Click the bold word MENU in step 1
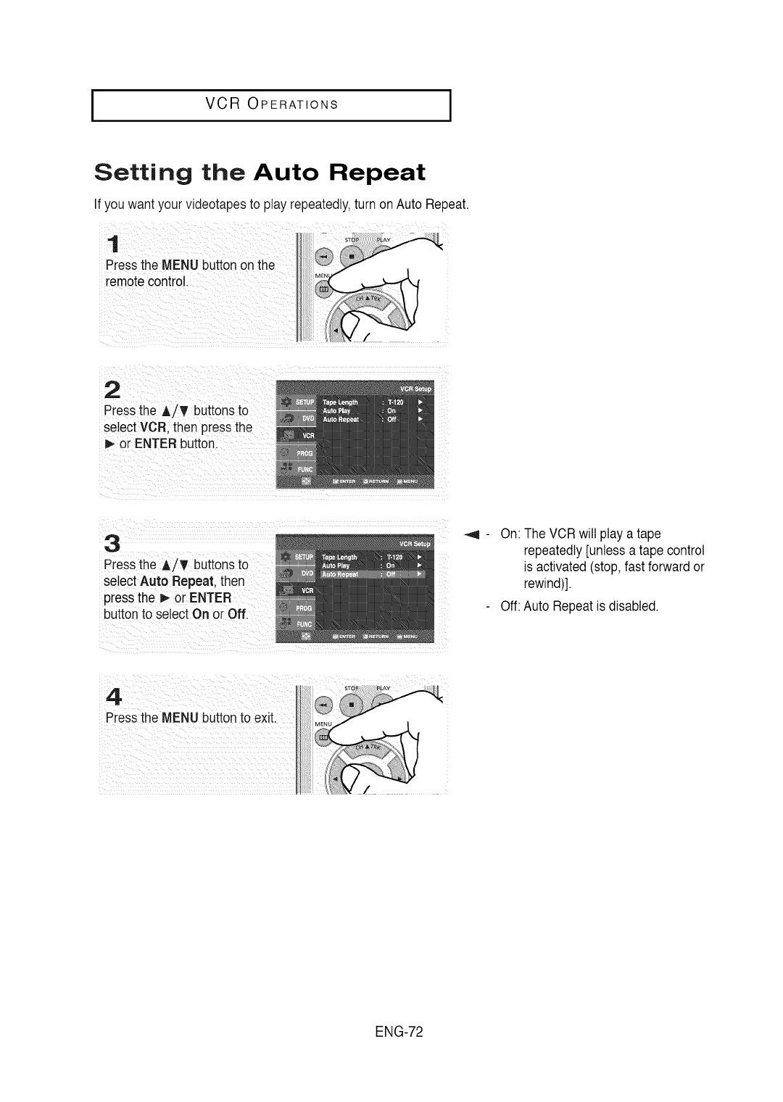tap(181, 265)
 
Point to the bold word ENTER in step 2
tap(155, 444)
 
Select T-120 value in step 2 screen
tap(395, 402)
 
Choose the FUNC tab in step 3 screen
tap(305, 624)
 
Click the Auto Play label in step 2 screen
tap(338, 411)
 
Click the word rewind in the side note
tap(541, 584)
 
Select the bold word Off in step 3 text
tap(236, 615)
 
